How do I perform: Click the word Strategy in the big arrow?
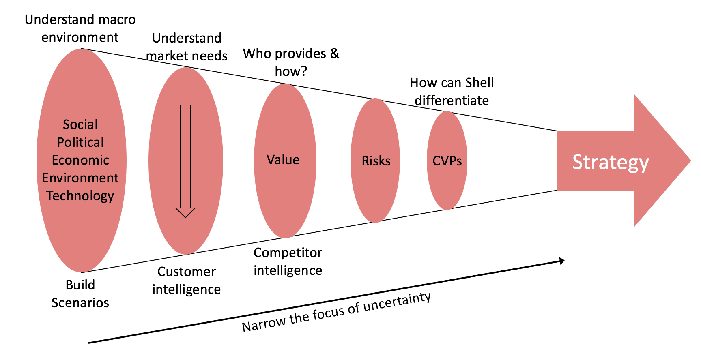pos(610,162)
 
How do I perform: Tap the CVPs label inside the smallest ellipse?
pos(447,161)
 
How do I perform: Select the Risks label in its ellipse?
pos(376,161)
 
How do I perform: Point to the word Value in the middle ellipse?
pos(283,160)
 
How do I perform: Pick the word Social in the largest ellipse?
pos(80,124)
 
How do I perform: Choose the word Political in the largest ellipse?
pos(80,142)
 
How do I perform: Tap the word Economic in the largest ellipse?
pos(80,160)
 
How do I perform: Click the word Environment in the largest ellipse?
pos(80,178)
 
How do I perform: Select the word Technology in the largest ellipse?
pos(80,196)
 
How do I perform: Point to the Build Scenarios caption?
pos(80,294)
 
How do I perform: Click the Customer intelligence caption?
pos(187,281)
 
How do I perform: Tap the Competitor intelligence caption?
pos(288,261)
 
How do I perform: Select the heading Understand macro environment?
pos(80,28)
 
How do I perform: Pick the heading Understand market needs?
pos(187,47)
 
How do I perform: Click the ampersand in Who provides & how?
pos(335,53)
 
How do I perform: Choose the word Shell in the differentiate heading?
pos(480,83)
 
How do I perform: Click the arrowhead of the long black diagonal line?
pos(562,261)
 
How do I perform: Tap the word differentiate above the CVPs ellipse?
pos(452,101)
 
